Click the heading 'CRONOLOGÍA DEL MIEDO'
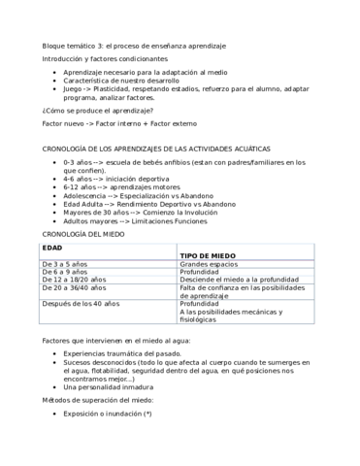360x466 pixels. click(83, 234)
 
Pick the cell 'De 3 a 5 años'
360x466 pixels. click(65, 263)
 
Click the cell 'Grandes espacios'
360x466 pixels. click(210, 263)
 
